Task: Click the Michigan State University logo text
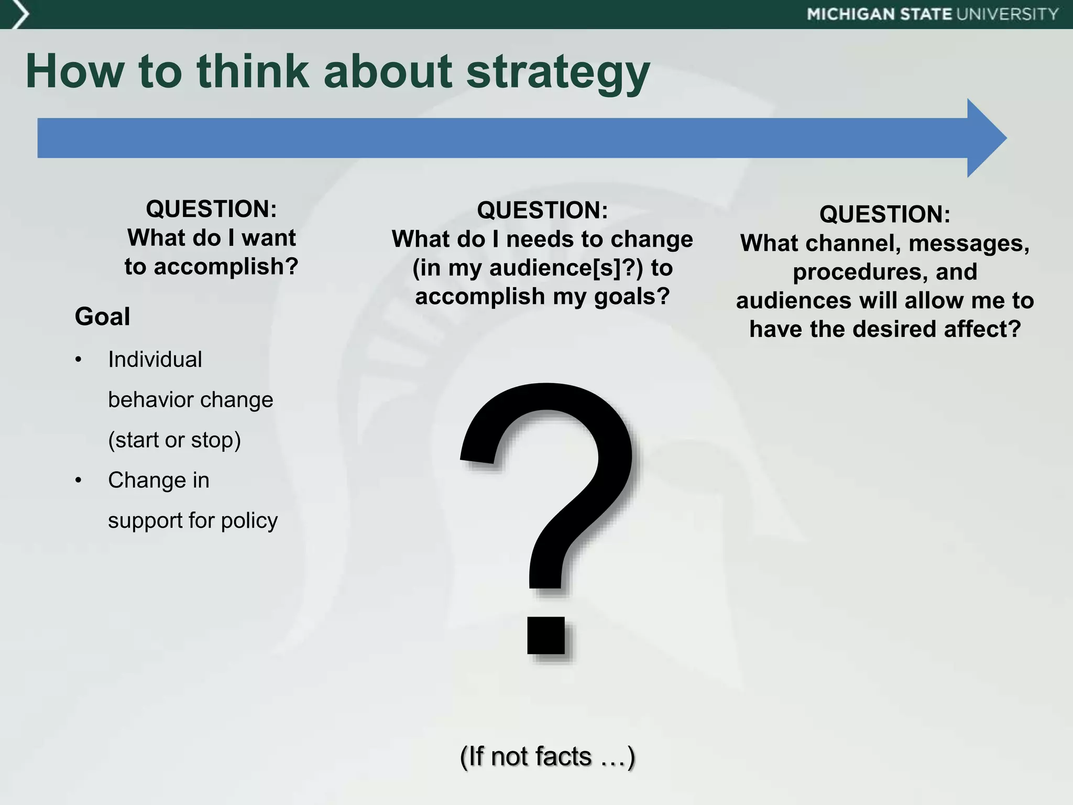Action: pos(933,14)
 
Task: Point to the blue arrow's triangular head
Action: pos(985,138)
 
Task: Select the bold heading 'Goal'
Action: pos(102,317)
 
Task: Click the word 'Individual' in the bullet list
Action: pos(155,360)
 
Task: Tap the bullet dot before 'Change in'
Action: pos(79,480)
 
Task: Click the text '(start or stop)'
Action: pos(174,440)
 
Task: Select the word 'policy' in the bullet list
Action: pos(249,520)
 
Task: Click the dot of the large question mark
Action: pos(546,635)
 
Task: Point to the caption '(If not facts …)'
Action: pos(547,756)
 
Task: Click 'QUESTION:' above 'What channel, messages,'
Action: pos(884,214)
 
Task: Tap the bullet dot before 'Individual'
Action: pos(79,360)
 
